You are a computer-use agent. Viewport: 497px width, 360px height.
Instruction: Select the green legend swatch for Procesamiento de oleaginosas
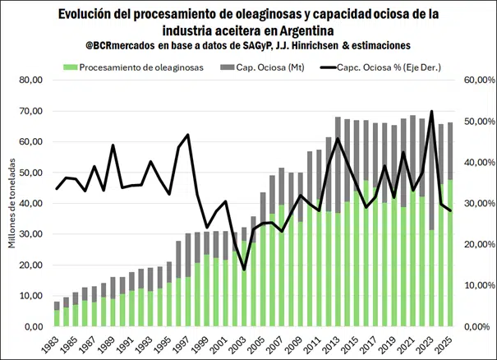click(x=71, y=67)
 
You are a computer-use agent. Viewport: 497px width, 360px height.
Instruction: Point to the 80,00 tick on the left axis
click(x=29, y=80)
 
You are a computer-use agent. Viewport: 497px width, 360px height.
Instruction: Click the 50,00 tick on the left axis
click(x=29, y=173)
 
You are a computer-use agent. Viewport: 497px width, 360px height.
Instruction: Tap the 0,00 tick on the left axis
click(x=31, y=326)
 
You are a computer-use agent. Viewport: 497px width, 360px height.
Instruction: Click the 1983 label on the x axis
click(x=55, y=341)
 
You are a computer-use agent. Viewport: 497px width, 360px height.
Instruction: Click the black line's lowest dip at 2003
click(x=244, y=269)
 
